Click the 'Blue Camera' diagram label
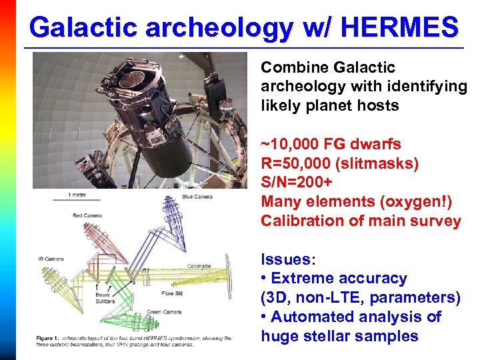[197, 197]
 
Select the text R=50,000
[294, 163]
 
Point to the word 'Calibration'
[301, 221]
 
